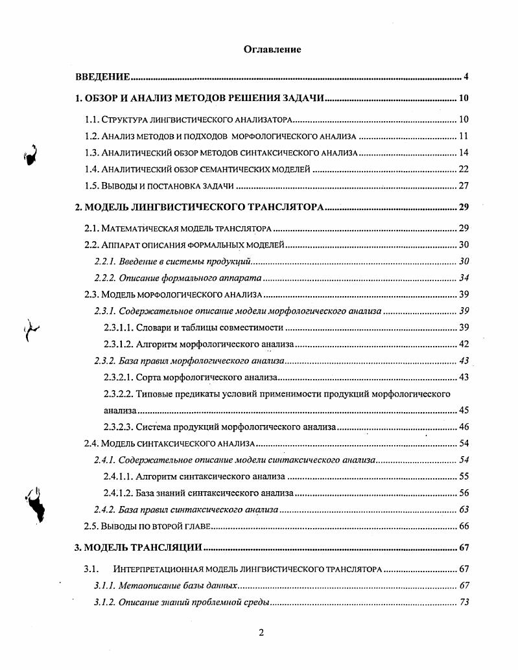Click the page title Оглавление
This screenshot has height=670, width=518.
pos(272,49)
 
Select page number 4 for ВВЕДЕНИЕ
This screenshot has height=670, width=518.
pos(465,78)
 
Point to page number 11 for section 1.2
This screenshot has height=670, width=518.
pos(463,137)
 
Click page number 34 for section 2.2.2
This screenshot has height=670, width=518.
pos(463,278)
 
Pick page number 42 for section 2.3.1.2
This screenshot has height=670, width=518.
pos(463,344)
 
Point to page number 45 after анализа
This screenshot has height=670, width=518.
pos(463,410)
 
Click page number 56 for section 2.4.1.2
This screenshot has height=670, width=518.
pos(463,493)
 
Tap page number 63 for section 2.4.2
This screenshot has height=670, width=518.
pos(463,509)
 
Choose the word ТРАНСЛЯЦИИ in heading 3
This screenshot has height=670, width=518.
pos(163,548)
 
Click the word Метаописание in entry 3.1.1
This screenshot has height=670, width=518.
pos(146,586)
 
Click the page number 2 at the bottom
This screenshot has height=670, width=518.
pos(261,633)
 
